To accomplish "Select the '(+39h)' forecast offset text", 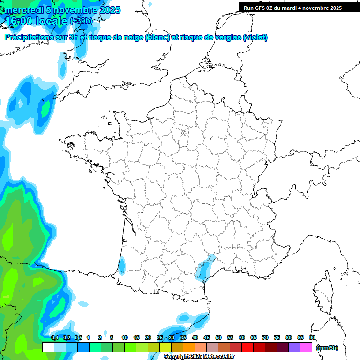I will tap(81, 21).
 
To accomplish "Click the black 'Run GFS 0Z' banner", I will tap(299, 8).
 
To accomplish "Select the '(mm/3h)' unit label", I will tap(327, 348).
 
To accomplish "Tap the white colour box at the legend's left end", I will tap(48, 347).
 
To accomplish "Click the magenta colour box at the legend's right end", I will tap(306, 347).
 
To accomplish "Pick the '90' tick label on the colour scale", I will tap(312, 337).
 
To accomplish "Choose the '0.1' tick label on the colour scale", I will tap(54, 337).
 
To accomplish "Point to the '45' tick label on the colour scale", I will tap(207, 337).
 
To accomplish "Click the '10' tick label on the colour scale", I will tap(125, 337).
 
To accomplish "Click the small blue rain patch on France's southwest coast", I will tap(121, 265).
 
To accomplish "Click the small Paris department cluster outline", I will tap(186, 135).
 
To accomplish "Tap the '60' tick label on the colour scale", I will tap(242, 337).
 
